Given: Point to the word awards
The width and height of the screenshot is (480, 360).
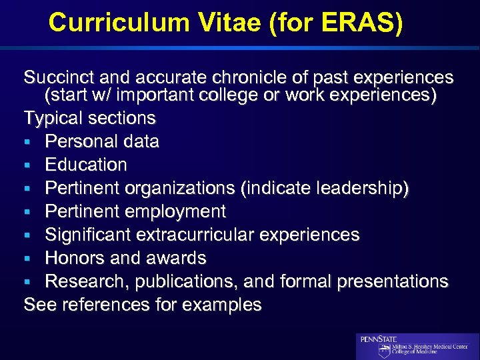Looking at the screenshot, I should pyautogui.click(x=174, y=258).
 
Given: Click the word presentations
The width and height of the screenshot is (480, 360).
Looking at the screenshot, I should pyautogui.click(x=393, y=282).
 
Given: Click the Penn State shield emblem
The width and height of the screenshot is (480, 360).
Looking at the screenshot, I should pyautogui.click(x=385, y=351).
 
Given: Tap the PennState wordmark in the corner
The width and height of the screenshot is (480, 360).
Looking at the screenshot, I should pyautogui.click(x=379, y=339).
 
